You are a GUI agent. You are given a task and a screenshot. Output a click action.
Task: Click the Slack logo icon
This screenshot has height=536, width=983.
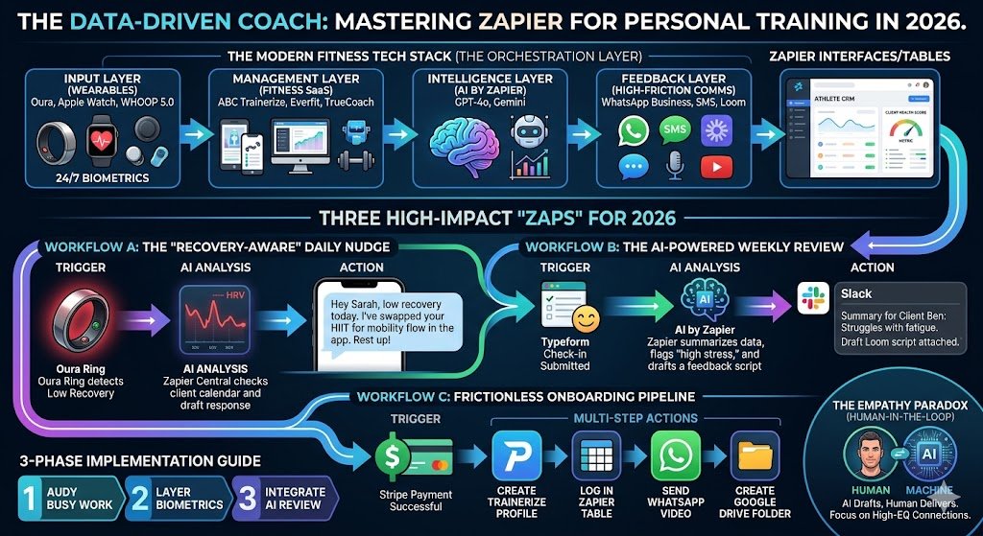[813, 298]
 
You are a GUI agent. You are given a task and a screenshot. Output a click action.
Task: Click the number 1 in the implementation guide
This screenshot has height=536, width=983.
[28, 498]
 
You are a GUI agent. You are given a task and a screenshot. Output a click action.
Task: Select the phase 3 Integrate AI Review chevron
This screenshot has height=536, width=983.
[284, 498]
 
